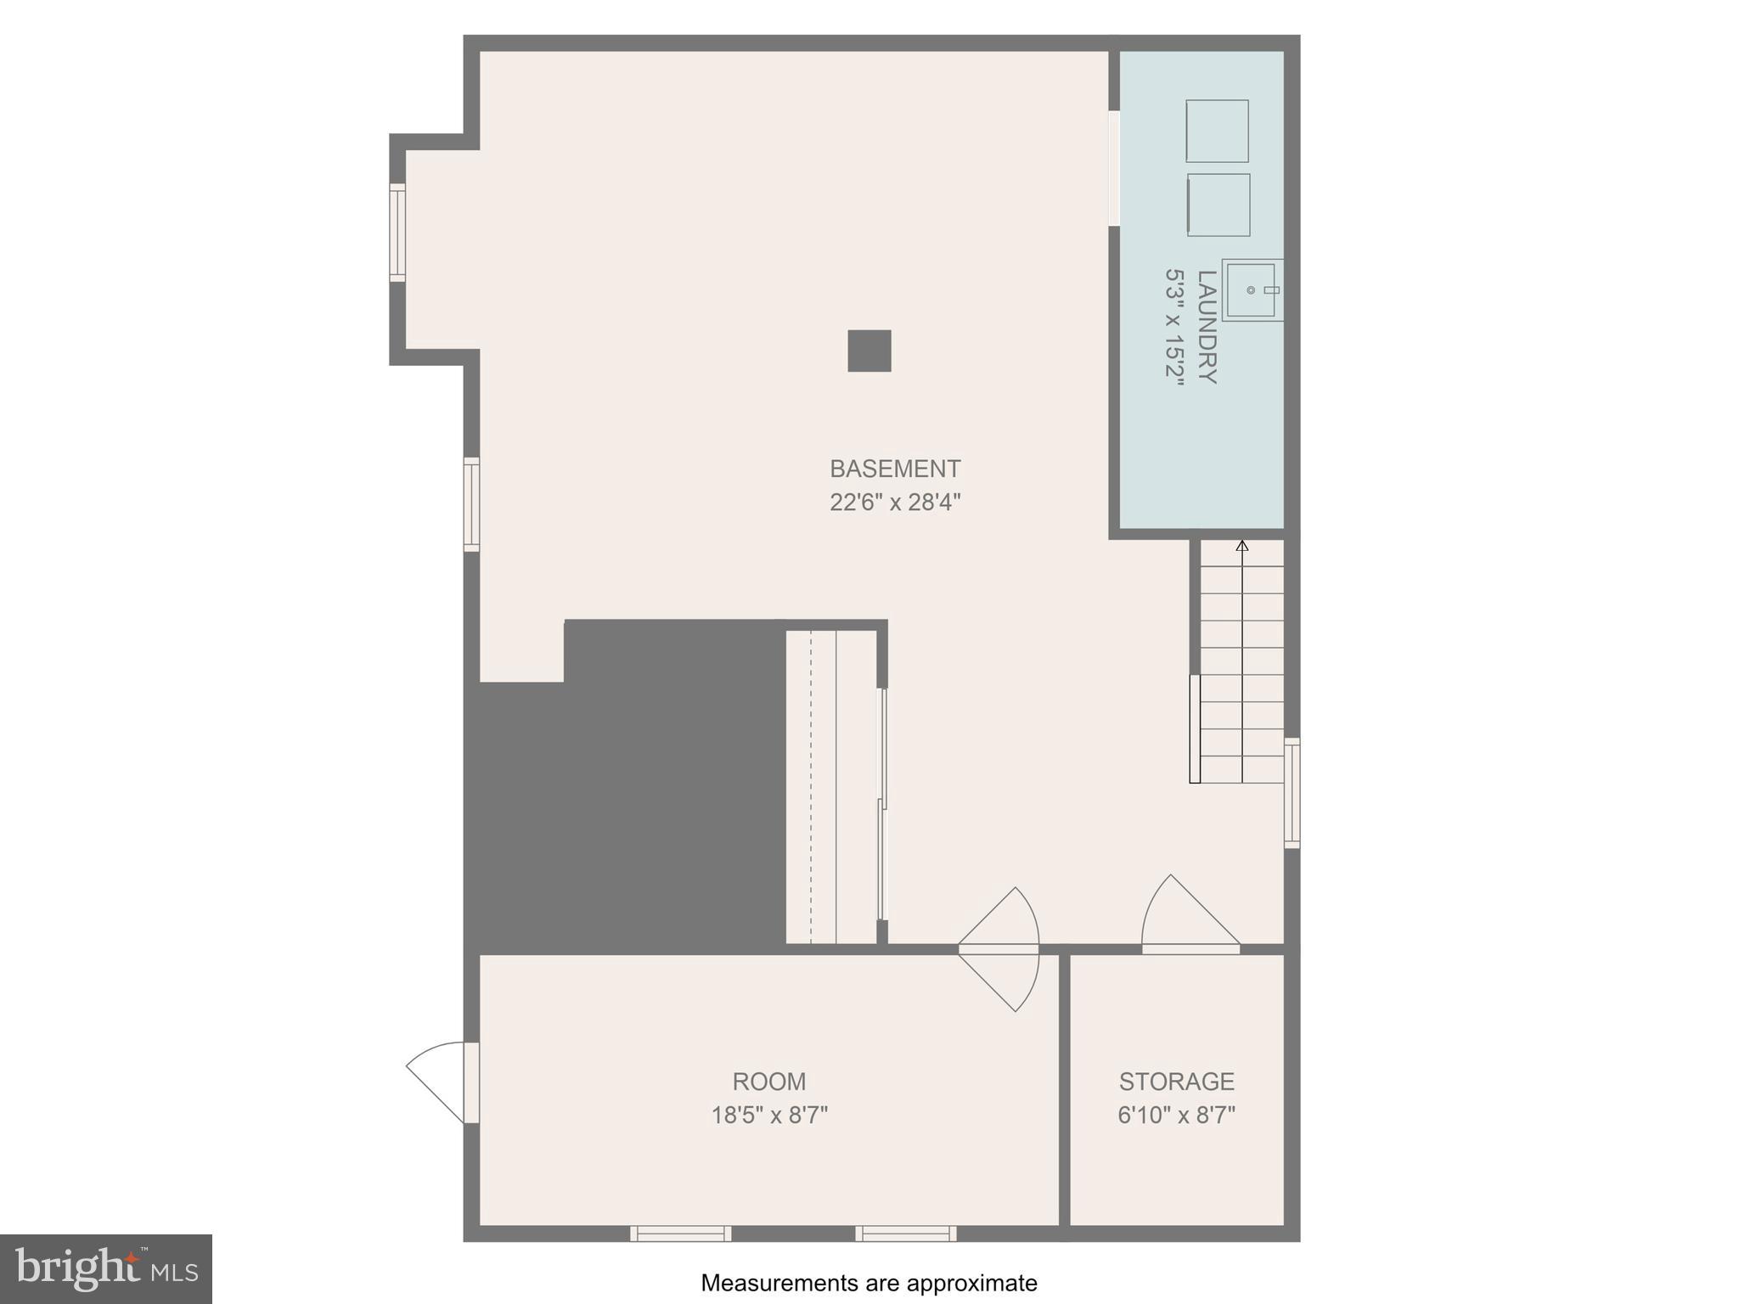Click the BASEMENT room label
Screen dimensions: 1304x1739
tap(894, 469)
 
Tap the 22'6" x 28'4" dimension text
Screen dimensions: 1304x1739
tap(894, 503)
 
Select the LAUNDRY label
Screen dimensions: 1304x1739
tap(1207, 327)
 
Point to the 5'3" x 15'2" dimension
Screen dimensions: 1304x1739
tap(1173, 328)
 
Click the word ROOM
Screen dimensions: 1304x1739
tap(768, 1082)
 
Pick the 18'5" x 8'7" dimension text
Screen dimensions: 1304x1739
tap(768, 1115)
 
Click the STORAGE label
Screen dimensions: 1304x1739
tap(1176, 1082)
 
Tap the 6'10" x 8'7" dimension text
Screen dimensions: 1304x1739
tap(1176, 1115)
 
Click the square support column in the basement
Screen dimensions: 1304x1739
tap(869, 351)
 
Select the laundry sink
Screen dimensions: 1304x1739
tap(1252, 290)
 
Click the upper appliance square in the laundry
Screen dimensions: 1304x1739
tap(1217, 131)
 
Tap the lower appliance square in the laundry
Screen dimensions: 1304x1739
tap(1218, 205)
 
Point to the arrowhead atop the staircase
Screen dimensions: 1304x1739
tap(1242, 545)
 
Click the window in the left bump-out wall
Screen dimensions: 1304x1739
tap(397, 232)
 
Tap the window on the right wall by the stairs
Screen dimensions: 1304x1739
tap(1292, 793)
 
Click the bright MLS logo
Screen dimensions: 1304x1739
tap(106, 1269)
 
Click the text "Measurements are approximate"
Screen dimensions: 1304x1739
tap(869, 1283)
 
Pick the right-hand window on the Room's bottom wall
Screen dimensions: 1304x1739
tap(906, 1234)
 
